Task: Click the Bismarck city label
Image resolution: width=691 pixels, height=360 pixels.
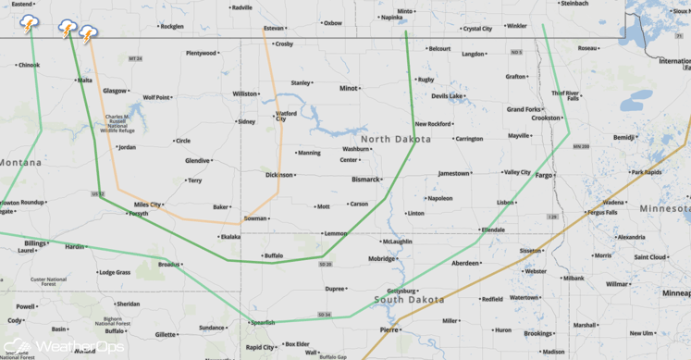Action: click(365, 180)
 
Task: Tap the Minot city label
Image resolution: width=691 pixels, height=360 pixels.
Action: click(348, 89)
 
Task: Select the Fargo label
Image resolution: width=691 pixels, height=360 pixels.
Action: click(543, 175)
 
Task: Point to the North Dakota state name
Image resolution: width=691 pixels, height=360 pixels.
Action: click(395, 140)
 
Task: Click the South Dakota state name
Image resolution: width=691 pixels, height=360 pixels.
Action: click(408, 300)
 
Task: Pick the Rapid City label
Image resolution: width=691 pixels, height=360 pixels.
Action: click(259, 348)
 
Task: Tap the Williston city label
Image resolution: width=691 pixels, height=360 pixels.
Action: click(245, 93)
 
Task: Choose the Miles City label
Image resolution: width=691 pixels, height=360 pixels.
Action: click(148, 205)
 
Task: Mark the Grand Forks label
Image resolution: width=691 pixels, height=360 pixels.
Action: click(524, 109)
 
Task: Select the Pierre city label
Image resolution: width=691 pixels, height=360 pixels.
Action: click(389, 329)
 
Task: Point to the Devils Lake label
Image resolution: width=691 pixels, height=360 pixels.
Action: click(447, 96)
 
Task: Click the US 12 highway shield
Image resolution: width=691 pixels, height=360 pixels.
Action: click(98, 194)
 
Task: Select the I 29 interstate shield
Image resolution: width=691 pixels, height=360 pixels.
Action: click(552, 217)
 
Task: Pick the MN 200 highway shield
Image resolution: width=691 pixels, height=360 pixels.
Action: click(580, 146)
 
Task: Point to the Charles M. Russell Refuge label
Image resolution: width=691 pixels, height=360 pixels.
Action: click(118, 124)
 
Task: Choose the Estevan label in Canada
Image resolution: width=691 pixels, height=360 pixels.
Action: click(274, 29)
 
